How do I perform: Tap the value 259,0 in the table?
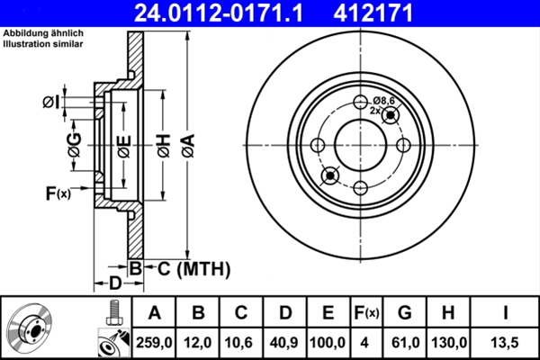pyautogui.click(x=155, y=343)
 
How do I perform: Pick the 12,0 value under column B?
pyautogui.click(x=199, y=343)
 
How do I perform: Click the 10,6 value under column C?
pyautogui.click(x=242, y=343)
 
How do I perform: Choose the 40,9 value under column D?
pyautogui.click(x=285, y=343)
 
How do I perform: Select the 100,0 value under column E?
pyautogui.click(x=328, y=343)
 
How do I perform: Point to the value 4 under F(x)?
pyautogui.click(x=366, y=343)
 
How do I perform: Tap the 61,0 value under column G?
pyautogui.click(x=405, y=343)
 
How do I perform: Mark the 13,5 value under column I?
pyautogui.click(x=505, y=343)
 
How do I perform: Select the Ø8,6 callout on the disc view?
pyautogui.click(x=384, y=101)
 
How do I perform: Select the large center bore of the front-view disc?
pyautogui.click(x=359, y=144)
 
